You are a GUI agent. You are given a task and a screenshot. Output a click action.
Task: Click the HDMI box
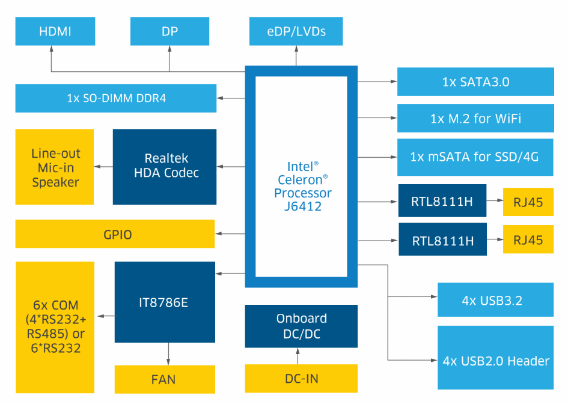point(55,31)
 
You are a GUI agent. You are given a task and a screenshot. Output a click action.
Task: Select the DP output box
point(169,31)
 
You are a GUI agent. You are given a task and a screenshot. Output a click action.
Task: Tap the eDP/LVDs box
point(296,31)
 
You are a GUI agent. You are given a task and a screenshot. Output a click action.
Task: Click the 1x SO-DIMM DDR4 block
point(115,98)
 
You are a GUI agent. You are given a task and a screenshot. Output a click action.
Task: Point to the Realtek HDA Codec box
point(165,166)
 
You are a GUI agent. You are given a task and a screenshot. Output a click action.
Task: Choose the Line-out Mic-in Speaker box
point(55,167)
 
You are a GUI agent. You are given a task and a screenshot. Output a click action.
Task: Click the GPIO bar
point(115,234)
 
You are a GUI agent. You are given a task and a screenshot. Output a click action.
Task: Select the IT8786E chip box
point(165,302)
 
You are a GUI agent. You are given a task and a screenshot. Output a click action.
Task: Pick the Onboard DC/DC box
point(301,326)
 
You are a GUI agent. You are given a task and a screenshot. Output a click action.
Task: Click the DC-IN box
point(301,379)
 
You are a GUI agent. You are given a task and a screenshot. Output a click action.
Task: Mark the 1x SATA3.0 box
point(475,82)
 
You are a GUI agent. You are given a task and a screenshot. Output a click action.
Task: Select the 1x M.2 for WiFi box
point(475,119)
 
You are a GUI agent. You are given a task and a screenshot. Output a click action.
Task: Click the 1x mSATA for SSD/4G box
point(475,157)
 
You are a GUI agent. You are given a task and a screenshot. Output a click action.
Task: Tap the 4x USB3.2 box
point(495,300)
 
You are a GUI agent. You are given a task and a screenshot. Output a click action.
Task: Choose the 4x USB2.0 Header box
point(495,361)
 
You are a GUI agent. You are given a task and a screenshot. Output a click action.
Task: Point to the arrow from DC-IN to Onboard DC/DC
point(298,356)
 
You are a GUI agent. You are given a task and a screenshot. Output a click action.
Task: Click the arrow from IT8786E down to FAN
point(169,352)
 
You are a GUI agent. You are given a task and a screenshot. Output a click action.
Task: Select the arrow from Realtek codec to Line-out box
point(103,166)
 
